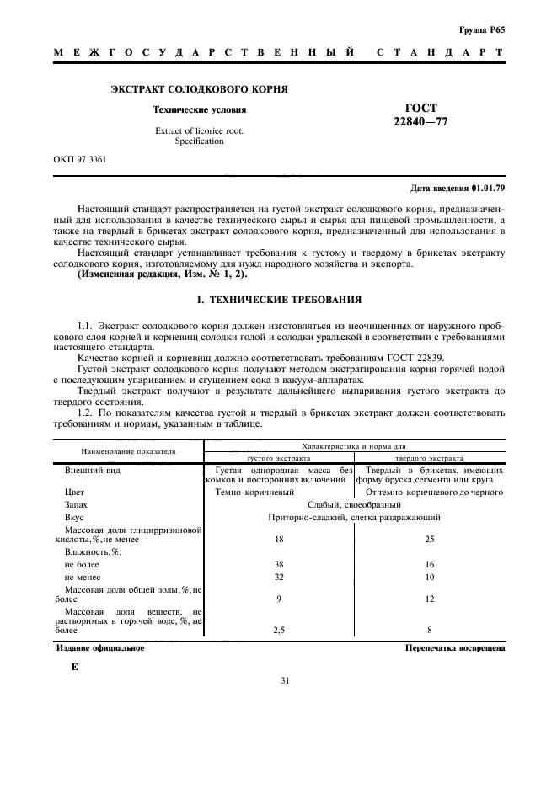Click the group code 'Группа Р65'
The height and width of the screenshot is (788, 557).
(x=481, y=29)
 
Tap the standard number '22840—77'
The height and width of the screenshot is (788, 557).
(x=420, y=121)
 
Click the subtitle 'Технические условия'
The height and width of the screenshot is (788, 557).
(x=199, y=109)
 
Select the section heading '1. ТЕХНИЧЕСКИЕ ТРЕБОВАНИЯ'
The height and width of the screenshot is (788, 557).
(x=278, y=299)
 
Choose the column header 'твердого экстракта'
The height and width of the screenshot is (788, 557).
(x=429, y=458)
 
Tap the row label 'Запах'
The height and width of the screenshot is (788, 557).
(x=76, y=503)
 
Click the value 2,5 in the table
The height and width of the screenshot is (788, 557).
(x=279, y=628)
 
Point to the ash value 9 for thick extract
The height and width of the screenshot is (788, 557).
(x=279, y=599)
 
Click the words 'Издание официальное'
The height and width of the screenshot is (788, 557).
(x=100, y=648)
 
